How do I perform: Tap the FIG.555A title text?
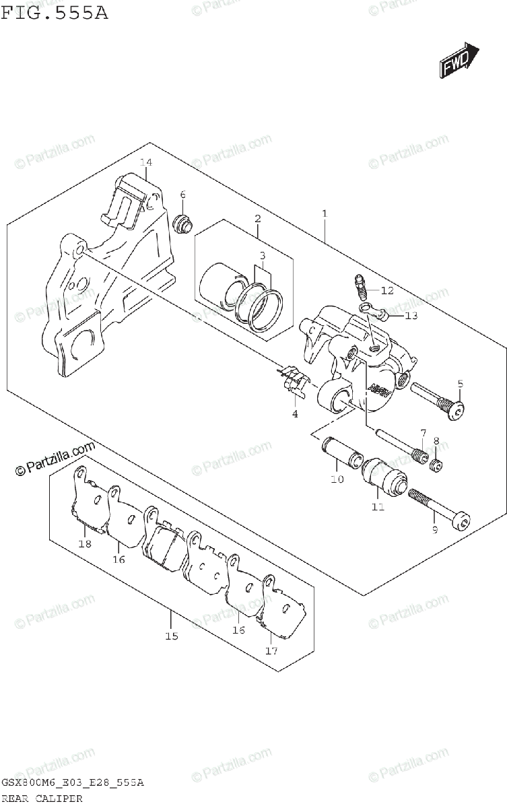point(54,13)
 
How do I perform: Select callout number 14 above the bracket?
point(146,162)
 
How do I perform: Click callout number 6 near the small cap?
point(182,195)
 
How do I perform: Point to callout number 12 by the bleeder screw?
point(386,291)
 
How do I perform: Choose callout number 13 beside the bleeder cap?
point(411,315)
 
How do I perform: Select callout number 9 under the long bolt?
point(434,531)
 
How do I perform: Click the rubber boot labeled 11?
point(385,475)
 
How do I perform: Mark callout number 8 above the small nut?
point(436,442)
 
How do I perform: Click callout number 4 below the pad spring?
point(294,413)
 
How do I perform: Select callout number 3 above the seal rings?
point(263,257)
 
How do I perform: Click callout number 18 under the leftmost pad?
point(84,544)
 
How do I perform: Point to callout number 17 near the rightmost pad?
point(271,650)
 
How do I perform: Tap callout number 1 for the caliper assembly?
point(325,215)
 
